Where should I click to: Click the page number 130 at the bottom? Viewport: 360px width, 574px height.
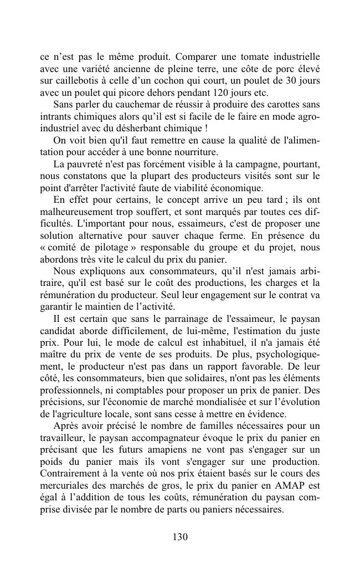(x=180, y=536)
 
